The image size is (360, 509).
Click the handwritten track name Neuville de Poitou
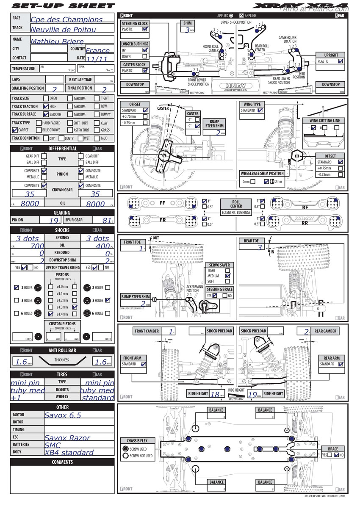[63, 30]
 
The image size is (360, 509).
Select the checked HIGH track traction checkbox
[46, 106]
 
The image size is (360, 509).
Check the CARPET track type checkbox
[15, 130]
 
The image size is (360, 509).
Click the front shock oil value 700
[37, 246]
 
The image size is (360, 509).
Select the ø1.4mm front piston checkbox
[51, 314]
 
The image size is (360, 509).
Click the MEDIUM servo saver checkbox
[228, 276]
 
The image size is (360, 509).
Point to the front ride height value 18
[215, 394]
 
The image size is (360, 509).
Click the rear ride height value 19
[253, 394]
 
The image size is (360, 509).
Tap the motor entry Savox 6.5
[63, 415]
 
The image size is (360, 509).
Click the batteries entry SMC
[53, 445]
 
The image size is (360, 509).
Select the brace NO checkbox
[337, 455]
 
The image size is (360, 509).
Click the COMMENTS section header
[62, 462]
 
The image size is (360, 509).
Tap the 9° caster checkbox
[197, 126]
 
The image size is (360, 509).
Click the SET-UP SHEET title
[62, 6]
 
